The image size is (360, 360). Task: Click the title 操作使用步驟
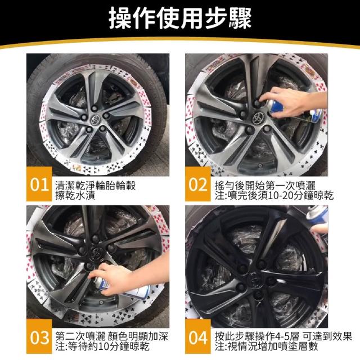coord(180,18)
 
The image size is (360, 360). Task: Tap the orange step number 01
coord(39,184)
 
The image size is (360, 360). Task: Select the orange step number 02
coord(198,184)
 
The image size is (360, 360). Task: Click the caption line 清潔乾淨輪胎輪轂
coord(96,186)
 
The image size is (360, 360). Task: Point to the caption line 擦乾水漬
coord(75,195)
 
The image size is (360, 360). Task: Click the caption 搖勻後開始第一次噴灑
coord(265,186)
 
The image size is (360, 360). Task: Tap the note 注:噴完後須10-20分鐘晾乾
coord(274,195)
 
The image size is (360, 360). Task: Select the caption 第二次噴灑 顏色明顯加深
coord(111,336)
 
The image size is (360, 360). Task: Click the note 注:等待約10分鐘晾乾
coord(102,346)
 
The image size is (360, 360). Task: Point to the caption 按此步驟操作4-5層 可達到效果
coord(283,336)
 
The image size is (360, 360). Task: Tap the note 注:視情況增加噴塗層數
coord(267,346)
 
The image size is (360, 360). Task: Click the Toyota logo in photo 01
coord(95,119)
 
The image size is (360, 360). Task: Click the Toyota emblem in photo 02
coord(258,118)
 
